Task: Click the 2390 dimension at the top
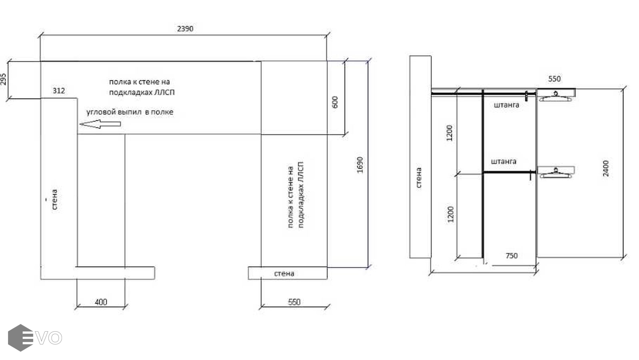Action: [185, 29]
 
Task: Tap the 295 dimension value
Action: [3, 79]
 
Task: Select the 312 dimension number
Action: [59, 91]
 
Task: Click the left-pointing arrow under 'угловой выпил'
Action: [100, 124]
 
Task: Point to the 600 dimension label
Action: [335, 102]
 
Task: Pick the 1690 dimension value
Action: [360, 165]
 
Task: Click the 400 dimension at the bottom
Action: [101, 302]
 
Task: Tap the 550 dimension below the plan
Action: [294, 302]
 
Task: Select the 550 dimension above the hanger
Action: [554, 79]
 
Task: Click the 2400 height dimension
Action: [606, 168]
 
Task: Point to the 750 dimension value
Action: [511, 256]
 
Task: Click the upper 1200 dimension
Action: [449, 133]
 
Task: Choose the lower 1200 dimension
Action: [450, 214]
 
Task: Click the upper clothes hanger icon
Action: [555, 96]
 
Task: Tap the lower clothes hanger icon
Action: [555, 173]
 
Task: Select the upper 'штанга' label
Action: [506, 105]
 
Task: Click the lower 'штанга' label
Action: [503, 162]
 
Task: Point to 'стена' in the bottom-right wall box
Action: [284, 274]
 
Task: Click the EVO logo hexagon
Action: [20, 338]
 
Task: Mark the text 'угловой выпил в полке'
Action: [130, 112]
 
